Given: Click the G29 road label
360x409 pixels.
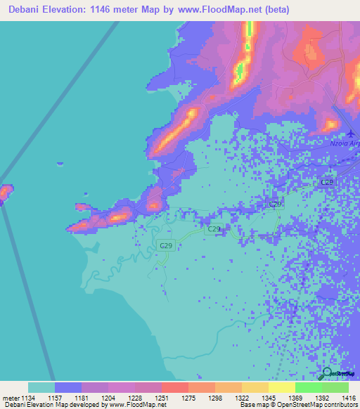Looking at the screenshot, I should click(x=166, y=245).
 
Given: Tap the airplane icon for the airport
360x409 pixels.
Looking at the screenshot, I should click(x=352, y=132).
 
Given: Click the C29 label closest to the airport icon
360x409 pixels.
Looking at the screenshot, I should click(x=327, y=182).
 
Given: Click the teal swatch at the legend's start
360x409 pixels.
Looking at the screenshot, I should click(x=41, y=387).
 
